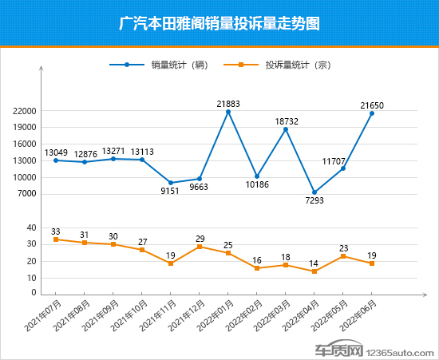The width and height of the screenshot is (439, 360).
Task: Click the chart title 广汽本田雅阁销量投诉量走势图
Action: [219, 23]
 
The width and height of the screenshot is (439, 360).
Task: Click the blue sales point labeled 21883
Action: [228, 112]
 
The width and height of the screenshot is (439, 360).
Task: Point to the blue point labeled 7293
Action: [314, 192]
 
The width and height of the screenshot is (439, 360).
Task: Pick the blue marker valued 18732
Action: [286, 129]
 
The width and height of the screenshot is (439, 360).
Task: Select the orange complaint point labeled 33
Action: [56, 239]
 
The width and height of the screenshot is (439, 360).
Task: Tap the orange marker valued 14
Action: [314, 271]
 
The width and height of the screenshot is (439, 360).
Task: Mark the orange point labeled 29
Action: [200, 247]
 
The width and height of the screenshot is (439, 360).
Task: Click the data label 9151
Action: [171, 191]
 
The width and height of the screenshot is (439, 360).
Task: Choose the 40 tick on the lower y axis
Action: [32, 227]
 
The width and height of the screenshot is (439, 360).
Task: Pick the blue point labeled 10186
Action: [257, 176]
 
